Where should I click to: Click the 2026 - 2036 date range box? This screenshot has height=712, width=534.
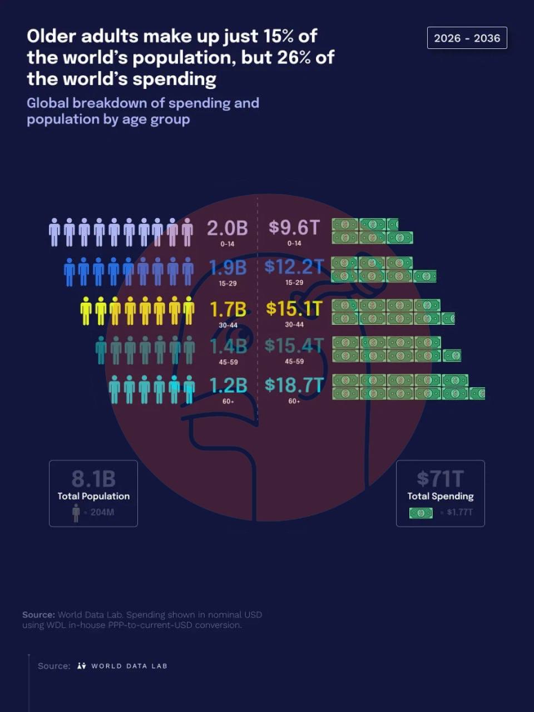[x=467, y=38]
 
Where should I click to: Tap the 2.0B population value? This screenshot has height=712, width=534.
[x=228, y=228]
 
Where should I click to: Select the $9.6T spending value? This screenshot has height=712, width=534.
[x=294, y=227]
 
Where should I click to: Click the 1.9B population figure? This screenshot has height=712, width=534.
[x=228, y=268]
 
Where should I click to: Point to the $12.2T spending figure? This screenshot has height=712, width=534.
[x=294, y=266]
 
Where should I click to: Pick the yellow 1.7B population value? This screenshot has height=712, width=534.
[x=228, y=309]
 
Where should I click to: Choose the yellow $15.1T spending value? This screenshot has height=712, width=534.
[x=294, y=308]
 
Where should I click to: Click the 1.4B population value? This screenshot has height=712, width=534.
[x=228, y=346]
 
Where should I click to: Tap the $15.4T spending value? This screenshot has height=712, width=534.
[x=294, y=345]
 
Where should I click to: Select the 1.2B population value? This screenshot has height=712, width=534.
[x=228, y=385]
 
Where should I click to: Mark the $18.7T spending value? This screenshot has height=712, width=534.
[x=294, y=385]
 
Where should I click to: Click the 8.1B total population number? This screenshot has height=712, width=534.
[x=93, y=479]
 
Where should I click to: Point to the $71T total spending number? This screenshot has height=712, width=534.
[x=441, y=479]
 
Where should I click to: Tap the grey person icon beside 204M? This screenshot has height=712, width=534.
[x=76, y=513]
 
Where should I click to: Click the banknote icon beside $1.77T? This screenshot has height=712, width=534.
[x=421, y=513]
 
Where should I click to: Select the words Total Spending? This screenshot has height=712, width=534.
[x=441, y=496]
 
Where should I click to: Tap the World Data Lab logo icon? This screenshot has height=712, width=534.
[x=82, y=666]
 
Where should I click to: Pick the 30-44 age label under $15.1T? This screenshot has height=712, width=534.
[x=294, y=324]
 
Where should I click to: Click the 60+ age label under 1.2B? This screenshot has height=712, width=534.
[x=228, y=402]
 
